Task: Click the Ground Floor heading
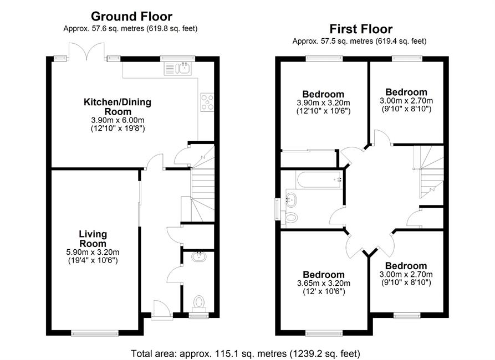131,16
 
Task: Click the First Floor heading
361,29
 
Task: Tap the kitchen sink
177,68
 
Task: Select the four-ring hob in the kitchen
207,102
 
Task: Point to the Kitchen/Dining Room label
118,107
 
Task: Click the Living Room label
93,239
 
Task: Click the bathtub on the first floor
319,179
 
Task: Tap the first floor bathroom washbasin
291,199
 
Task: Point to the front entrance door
162,310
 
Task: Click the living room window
95,332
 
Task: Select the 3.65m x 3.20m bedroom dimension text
324,284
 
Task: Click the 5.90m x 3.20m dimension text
93,253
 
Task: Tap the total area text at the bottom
246,353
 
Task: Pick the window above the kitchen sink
177,58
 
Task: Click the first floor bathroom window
277,209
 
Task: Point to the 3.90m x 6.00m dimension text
118,120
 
